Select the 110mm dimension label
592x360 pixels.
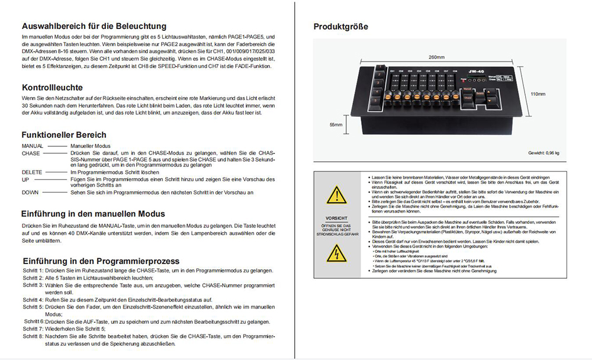[x=537, y=94]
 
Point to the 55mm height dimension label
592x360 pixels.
[x=336, y=125]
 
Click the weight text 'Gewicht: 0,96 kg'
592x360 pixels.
[x=543, y=153]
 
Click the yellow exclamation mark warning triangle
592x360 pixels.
[x=336, y=194]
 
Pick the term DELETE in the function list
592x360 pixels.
[x=32, y=172]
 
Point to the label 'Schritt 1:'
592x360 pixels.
[x=33, y=270]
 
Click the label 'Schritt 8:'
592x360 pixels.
[x=33, y=336]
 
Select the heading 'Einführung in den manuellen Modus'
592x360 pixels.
[x=93, y=213]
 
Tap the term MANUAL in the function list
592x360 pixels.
[x=33, y=145]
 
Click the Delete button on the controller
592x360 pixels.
[x=480, y=93]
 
